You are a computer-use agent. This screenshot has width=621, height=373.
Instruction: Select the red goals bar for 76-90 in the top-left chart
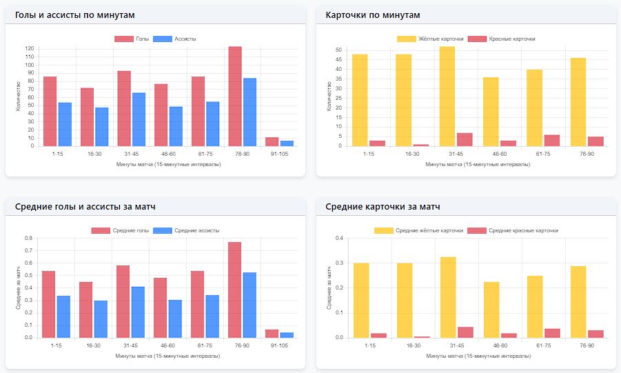click(x=235, y=97)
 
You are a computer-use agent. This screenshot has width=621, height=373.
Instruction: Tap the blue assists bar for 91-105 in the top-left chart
click(x=287, y=143)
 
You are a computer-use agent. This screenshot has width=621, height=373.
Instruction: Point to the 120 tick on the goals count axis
click(x=30, y=49)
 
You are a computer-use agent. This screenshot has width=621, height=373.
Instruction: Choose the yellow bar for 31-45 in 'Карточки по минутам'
click(x=447, y=96)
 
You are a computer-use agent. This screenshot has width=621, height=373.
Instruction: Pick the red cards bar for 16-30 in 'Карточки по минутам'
click(x=421, y=145)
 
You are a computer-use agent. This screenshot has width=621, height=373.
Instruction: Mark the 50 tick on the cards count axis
click(x=338, y=50)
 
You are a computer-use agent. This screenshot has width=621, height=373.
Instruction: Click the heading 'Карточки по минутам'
click(x=373, y=14)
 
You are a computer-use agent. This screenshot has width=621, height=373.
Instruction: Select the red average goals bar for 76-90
click(x=235, y=290)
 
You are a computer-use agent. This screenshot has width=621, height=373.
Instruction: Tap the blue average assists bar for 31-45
click(x=138, y=312)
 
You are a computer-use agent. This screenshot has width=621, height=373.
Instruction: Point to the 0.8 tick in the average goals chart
click(x=28, y=239)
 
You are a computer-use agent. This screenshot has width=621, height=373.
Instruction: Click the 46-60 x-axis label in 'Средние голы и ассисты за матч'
click(x=165, y=346)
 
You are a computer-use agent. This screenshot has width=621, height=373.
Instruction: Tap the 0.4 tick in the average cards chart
click(x=339, y=239)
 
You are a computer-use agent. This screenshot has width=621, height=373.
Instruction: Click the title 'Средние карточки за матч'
click(x=383, y=206)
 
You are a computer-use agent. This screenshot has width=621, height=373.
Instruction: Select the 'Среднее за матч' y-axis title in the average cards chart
click(x=328, y=288)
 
